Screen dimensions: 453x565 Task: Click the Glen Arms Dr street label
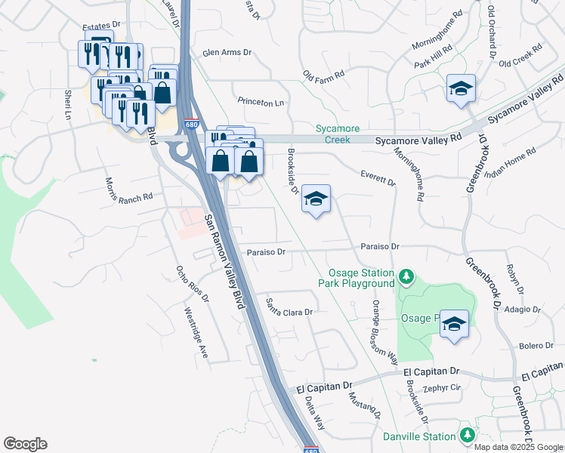227,54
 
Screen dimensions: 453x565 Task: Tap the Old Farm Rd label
323,75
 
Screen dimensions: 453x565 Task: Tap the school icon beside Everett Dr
316,199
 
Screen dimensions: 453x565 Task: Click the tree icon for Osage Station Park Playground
406,277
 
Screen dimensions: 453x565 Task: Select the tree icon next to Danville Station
468,436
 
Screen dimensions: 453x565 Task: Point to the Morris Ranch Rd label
129,189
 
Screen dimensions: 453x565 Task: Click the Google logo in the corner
25,444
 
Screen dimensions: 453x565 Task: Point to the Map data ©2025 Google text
518,446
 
